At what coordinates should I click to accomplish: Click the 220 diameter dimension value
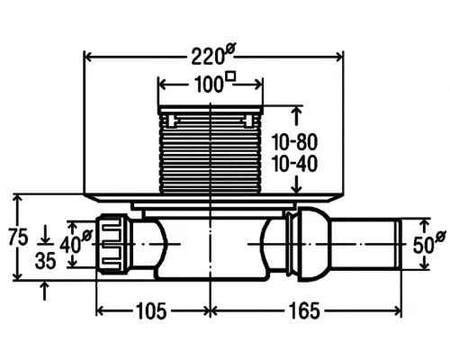coord(207,57)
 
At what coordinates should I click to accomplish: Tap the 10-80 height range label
coord(294,142)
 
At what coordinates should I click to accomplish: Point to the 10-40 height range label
coord(294,164)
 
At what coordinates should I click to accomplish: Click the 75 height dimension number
coord(18,237)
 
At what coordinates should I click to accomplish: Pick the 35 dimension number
coord(46,260)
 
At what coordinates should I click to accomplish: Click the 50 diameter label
coord(423,245)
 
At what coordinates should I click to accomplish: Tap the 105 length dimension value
coord(151,310)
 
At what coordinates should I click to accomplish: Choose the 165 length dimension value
coord(304,310)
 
